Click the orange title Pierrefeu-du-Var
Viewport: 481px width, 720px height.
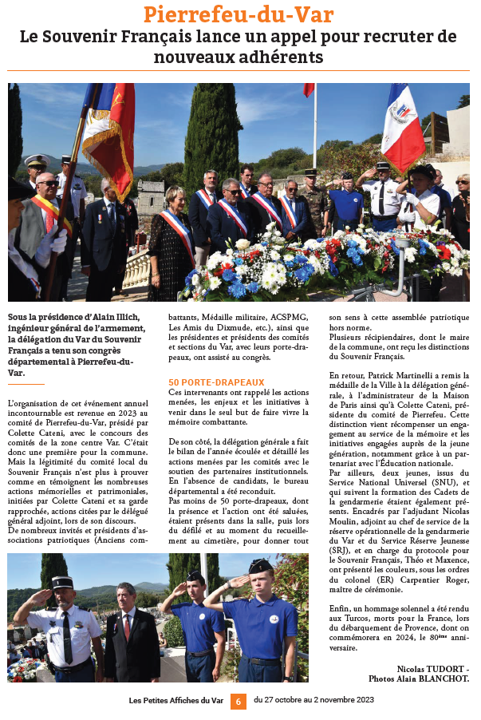pos(239,14)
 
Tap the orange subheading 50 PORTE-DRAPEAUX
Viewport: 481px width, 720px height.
pos(216,382)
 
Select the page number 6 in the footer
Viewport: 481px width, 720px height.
pos(238,702)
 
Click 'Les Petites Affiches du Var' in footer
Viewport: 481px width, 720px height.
pos(176,701)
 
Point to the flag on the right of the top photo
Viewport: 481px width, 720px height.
pos(402,128)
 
